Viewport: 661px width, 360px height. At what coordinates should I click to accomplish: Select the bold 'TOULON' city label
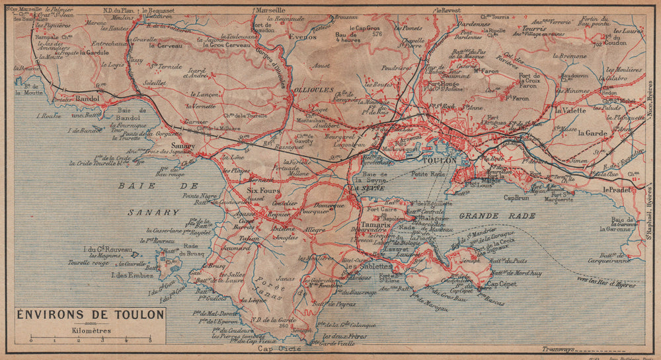438,161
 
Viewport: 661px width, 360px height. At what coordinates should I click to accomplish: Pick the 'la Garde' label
592,132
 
